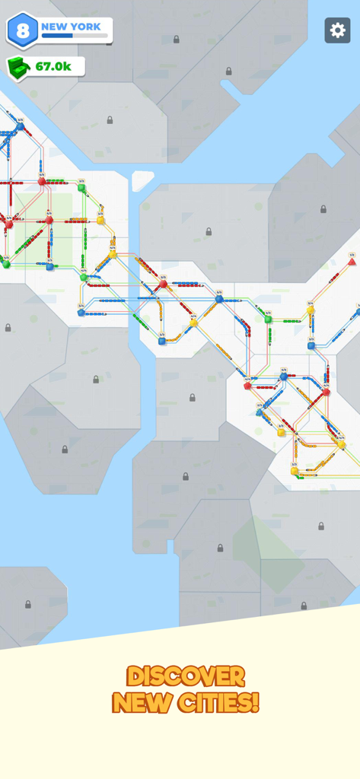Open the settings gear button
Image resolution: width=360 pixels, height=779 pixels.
tap(338, 30)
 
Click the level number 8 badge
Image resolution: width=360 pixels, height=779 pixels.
tap(22, 30)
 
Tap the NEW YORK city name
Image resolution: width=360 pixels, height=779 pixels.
tap(71, 27)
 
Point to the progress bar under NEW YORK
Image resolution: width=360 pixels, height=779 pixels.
tap(74, 36)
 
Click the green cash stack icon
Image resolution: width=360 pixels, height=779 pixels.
tap(19, 67)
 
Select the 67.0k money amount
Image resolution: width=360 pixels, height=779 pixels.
tap(53, 67)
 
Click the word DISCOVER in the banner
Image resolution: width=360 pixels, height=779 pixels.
tap(186, 676)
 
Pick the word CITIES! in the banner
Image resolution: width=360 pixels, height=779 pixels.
tap(220, 701)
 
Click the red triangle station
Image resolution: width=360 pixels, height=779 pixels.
tap(352, 262)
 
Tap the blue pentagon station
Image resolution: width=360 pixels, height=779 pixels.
tap(81, 313)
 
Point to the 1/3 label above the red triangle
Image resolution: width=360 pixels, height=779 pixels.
tap(352, 255)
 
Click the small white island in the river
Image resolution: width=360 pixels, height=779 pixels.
tap(142, 181)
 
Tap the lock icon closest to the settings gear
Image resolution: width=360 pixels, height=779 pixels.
tap(228, 72)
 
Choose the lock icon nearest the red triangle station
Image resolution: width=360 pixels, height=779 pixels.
tap(323, 209)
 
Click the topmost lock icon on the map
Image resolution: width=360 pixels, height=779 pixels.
tap(176, 40)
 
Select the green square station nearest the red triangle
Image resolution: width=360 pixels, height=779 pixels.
tap(268, 320)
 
